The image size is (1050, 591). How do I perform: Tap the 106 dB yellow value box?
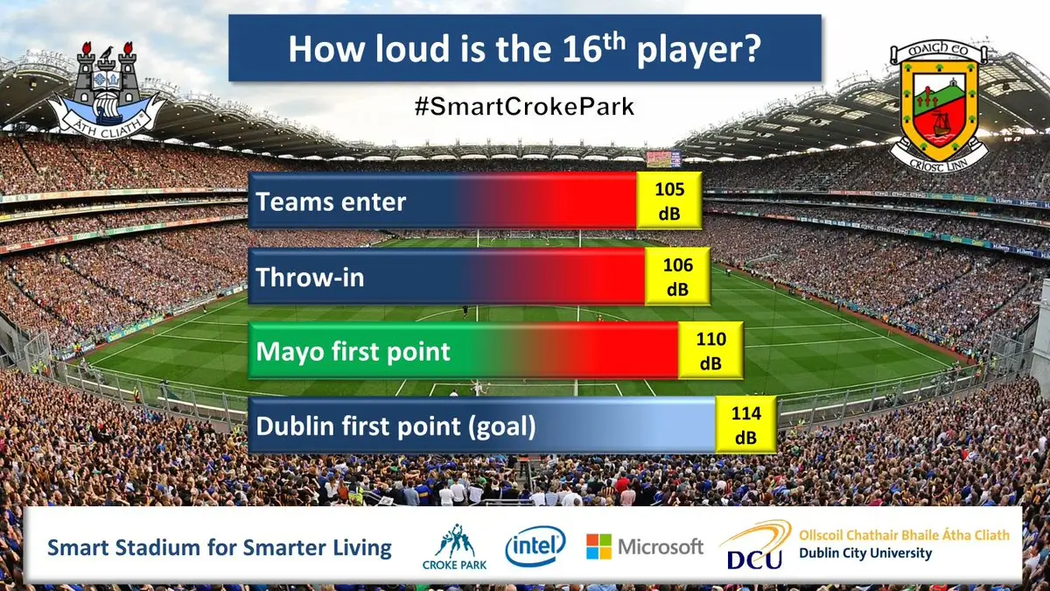click(x=677, y=276)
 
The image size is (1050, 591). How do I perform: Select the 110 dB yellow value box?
click(x=710, y=350)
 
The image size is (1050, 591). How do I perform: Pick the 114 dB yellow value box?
click(x=745, y=425)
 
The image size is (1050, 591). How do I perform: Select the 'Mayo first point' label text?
click(x=353, y=352)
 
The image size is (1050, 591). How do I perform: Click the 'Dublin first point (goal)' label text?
click(x=395, y=426)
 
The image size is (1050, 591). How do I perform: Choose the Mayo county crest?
click(x=939, y=105)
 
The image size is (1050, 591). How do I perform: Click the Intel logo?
click(x=535, y=547)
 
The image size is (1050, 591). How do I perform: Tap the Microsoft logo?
click(x=644, y=547)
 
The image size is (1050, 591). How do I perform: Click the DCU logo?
click(x=754, y=547)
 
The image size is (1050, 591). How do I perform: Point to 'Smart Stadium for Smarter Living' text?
click(x=220, y=548)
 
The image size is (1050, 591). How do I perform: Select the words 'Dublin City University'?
click(x=864, y=554)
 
